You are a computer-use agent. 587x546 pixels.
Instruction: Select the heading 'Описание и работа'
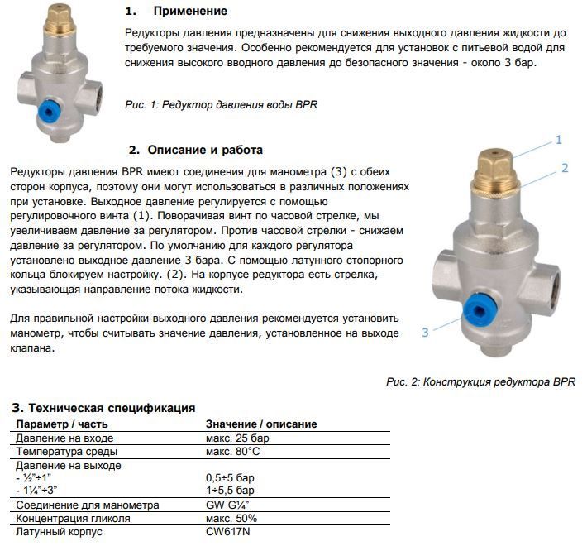[205, 150]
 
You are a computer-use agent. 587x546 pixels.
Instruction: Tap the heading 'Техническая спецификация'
[112, 408]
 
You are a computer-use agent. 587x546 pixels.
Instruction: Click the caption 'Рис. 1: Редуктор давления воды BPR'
[221, 105]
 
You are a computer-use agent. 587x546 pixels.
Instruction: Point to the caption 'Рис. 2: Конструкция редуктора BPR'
[480, 382]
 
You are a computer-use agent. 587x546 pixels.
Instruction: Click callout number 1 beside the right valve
[559, 140]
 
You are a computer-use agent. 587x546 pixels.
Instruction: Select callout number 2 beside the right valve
[565, 168]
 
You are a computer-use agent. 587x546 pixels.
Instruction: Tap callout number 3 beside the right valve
[425, 333]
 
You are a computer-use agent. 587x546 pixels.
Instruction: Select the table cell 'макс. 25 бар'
[236, 438]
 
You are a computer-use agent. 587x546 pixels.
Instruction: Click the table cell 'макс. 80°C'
[232, 452]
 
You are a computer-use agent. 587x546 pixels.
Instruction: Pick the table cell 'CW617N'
[226, 532]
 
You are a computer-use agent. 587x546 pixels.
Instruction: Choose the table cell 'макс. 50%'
[231, 519]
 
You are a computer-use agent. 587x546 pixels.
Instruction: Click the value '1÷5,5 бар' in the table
[231, 491]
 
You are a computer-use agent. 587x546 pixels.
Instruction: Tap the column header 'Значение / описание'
[260, 424]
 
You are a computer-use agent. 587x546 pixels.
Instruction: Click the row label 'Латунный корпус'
[59, 532]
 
